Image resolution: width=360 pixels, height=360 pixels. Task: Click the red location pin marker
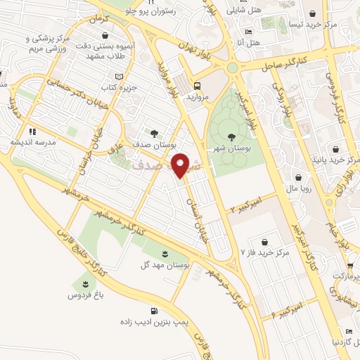point(182,165)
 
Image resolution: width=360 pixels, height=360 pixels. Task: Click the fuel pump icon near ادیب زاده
point(153,311)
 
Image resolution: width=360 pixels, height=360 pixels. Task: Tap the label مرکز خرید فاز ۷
point(265,252)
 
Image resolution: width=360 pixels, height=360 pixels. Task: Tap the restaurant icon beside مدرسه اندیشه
point(32,131)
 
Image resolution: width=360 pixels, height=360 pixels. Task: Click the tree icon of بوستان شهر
point(232,136)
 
